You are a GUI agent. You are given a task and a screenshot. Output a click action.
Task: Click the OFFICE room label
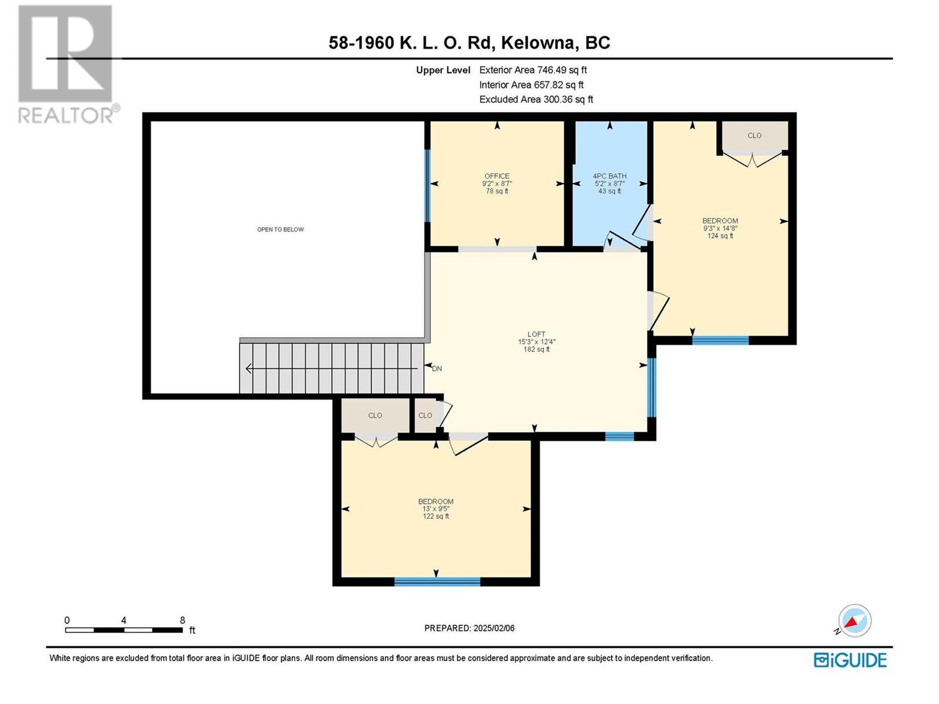pyautogui.click(x=496, y=176)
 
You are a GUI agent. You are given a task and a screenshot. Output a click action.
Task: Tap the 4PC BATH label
pyautogui.click(x=610, y=176)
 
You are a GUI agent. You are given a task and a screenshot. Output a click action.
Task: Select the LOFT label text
pyautogui.click(x=536, y=334)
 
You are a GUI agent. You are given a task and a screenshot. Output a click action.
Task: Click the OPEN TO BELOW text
pyautogui.click(x=280, y=229)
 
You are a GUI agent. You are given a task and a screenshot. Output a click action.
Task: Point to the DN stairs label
pyautogui.click(x=437, y=368)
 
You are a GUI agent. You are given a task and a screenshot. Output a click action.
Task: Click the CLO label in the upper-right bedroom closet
pyautogui.click(x=754, y=136)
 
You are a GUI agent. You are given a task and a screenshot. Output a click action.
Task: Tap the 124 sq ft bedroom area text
pyautogui.click(x=720, y=235)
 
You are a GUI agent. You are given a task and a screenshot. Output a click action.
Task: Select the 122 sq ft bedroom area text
pyautogui.click(x=435, y=516)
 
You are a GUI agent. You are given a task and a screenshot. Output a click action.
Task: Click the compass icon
pyautogui.click(x=854, y=620)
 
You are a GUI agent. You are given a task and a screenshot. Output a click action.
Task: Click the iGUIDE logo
pyautogui.click(x=850, y=660)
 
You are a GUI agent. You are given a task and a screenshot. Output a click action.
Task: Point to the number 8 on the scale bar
pyautogui.click(x=183, y=620)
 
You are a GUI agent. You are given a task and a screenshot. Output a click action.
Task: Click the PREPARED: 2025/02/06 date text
pyautogui.click(x=469, y=628)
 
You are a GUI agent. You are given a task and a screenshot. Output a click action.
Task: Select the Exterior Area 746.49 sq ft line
pyautogui.click(x=533, y=70)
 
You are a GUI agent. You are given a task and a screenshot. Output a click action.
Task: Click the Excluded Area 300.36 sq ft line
pyautogui.click(x=536, y=99)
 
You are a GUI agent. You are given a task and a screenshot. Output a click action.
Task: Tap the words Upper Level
pyautogui.click(x=443, y=70)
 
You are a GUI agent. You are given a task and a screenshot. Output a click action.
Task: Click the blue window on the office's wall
pyautogui.click(x=427, y=186)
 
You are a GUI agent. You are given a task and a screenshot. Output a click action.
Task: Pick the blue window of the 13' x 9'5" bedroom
pyautogui.click(x=437, y=581)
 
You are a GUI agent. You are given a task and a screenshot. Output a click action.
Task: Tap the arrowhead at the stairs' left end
pyautogui.click(x=248, y=368)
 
